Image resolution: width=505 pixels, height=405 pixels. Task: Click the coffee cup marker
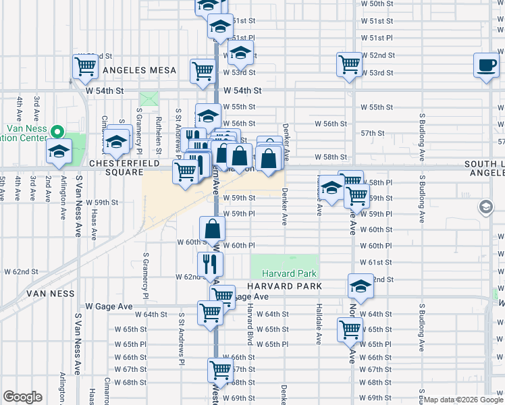click(x=485, y=65)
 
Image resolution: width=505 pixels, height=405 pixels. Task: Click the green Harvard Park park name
click(x=284, y=274)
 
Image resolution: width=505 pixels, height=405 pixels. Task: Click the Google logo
click(x=22, y=397)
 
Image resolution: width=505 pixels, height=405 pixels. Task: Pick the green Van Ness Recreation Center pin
click(x=57, y=132)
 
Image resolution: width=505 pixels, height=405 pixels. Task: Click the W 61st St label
click(x=376, y=262)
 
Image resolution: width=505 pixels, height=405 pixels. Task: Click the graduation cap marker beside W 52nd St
click(x=240, y=53)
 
